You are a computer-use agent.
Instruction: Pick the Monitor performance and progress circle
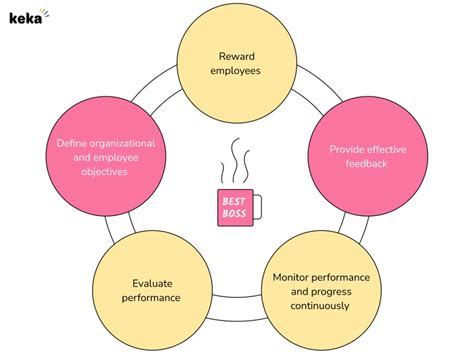click(x=321, y=290)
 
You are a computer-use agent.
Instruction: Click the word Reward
click(x=237, y=56)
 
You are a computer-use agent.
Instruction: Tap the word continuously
click(x=322, y=305)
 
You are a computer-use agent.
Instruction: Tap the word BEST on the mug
click(x=234, y=200)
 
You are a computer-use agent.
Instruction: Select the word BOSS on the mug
click(x=234, y=212)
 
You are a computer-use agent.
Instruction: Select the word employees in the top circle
click(x=237, y=71)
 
